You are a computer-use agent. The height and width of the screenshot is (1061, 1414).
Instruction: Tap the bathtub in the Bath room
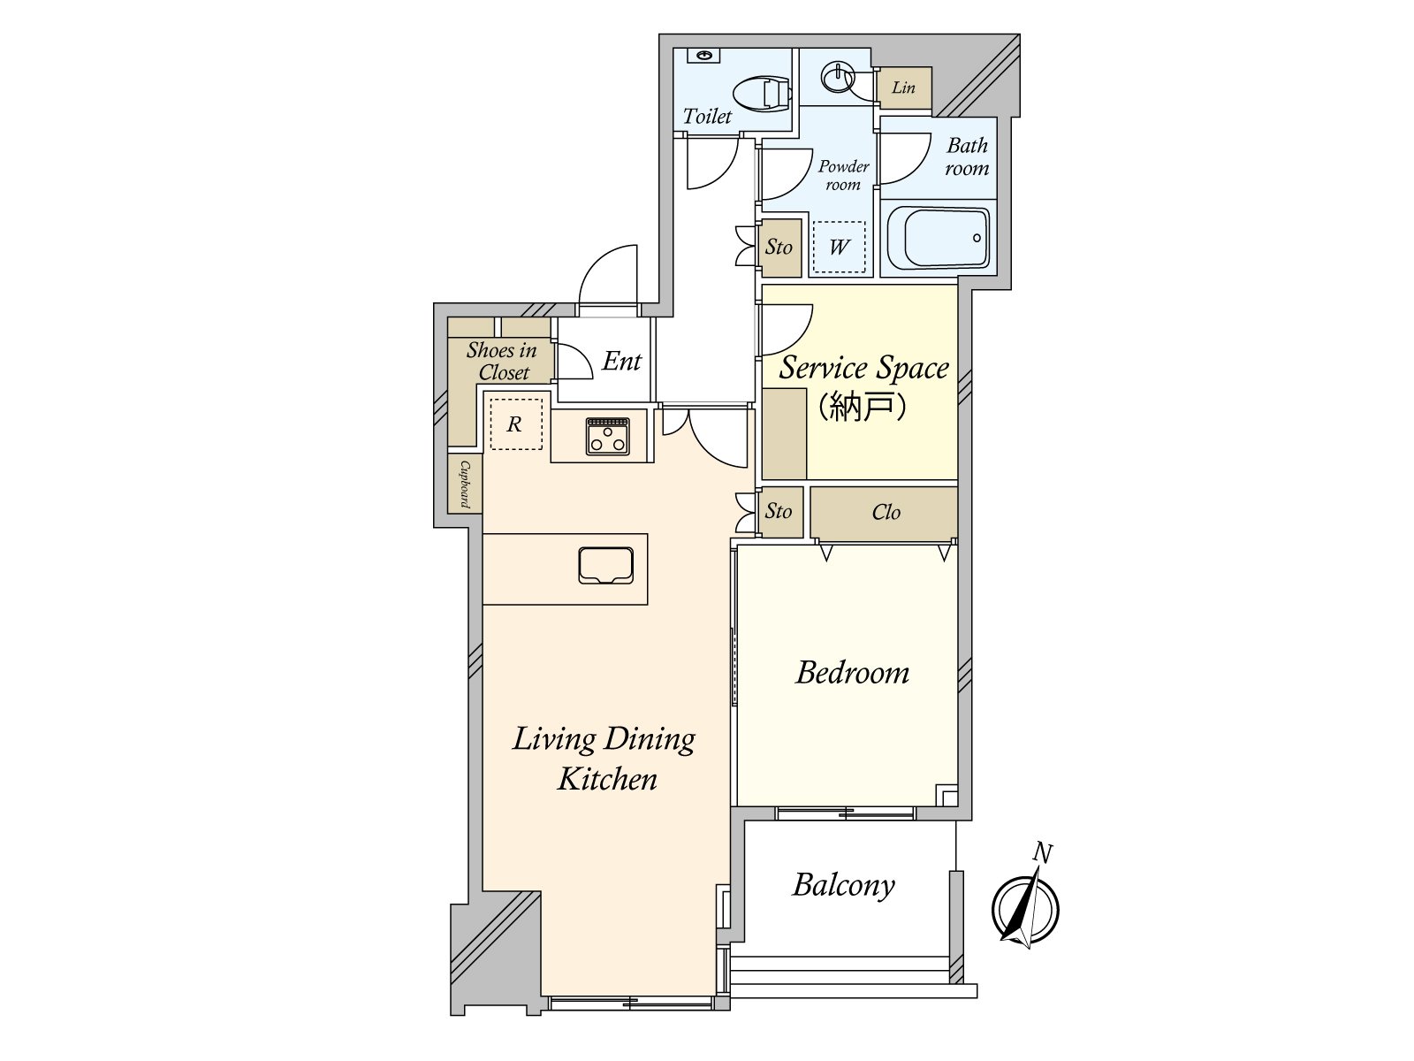[938, 239]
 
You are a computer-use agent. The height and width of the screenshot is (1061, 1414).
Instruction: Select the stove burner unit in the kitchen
[607, 436]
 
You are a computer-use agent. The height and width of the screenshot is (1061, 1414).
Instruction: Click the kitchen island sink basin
[605, 566]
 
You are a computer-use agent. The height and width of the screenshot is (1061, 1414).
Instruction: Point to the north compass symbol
[1025, 908]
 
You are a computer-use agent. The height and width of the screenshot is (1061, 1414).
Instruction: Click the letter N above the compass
[1042, 852]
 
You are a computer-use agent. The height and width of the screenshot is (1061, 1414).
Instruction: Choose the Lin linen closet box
[904, 88]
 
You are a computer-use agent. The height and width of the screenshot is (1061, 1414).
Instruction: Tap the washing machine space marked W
[839, 247]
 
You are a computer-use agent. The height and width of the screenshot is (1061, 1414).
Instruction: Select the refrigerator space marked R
[515, 424]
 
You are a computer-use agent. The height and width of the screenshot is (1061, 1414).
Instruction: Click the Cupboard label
[465, 484]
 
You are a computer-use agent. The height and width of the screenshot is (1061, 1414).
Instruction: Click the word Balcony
[844, 886]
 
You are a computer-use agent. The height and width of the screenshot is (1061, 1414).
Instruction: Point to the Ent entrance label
[621, 362]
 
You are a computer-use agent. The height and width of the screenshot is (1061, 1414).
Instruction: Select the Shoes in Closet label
[502, 362]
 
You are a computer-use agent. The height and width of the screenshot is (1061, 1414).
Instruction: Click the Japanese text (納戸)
[863, 406]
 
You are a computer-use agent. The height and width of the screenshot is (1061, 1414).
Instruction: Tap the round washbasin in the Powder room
[837, 77]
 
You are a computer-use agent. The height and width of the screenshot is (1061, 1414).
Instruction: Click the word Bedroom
[852, 673]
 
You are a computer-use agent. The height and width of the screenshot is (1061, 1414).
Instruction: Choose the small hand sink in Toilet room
[703, 56]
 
